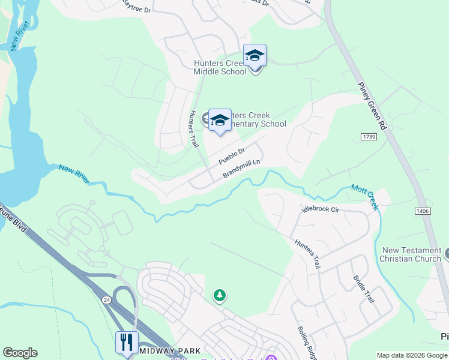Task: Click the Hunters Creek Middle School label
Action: [219, 67]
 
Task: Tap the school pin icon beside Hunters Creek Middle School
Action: [255, 56]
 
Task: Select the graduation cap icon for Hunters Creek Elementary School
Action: [220, 120]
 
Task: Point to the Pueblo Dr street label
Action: [232, 157]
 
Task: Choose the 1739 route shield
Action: [369, 137]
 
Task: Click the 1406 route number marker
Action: [422, 211]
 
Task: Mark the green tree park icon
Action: [220, 295]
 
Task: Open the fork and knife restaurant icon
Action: [127, 342]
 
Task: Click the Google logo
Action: [20, 353]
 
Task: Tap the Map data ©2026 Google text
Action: [411, 355]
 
